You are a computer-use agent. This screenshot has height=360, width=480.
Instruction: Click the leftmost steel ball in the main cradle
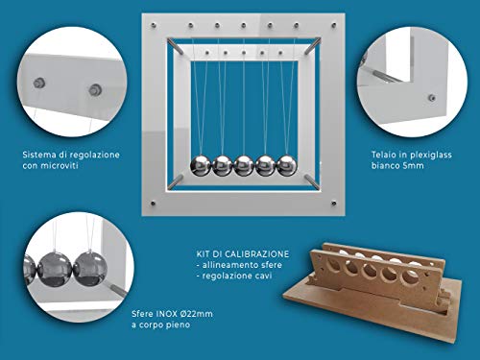[x=201, y=166]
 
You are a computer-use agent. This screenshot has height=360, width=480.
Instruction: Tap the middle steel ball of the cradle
[x=244, y=166]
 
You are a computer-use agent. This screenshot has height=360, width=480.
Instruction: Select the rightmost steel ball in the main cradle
[x=287, y=166]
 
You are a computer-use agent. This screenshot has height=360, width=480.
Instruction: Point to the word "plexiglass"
[x=431, y=156]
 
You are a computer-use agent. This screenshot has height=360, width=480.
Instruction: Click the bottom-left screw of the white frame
[x=153, y=203]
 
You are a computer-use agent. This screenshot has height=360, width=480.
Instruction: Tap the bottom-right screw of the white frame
[x=334, y=203]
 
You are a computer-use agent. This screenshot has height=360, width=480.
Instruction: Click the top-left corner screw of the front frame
[x=153, y=25]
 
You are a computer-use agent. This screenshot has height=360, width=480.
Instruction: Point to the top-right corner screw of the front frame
[x=334, y=25]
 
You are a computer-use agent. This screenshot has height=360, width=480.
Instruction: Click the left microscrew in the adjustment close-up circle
[x=39, y=84]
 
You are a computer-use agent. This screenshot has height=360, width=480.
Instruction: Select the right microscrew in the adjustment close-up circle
[x=95, y=90]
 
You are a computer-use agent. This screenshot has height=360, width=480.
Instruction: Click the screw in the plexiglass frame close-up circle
[x=432, y=98]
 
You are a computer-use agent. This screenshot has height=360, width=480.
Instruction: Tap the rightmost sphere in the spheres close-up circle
[x=90, y=269]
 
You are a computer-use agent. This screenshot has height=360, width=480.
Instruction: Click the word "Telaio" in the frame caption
[x=382, y=155]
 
